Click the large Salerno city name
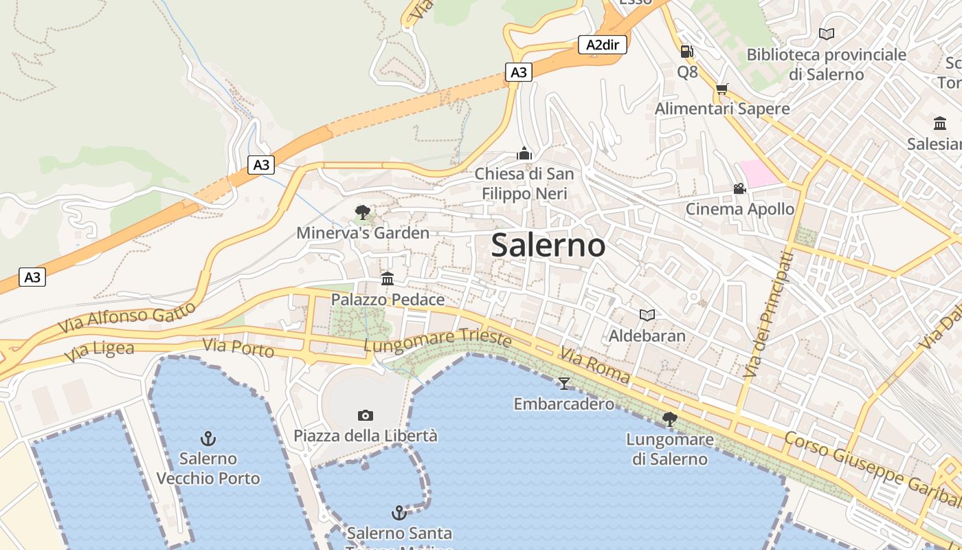click(548, 245)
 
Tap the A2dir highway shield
click(602, 45)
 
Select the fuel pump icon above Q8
click(686, 51)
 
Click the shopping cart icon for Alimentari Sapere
click(721, 89)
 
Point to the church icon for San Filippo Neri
click(524, 153)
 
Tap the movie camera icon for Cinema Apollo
click(739, 188)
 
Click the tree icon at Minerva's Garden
click(362, 212)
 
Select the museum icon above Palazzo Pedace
click(388, 278)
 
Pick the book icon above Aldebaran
click(647, 315)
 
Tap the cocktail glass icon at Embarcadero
click(564, 383)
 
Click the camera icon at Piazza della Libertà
click(366, 415)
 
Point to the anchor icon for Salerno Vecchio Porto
click(208, 438)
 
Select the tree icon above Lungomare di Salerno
click(669, 418)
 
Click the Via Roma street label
click(594, 366)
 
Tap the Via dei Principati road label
click(768, 314)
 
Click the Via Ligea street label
click(100, 351)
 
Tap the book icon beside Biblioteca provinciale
click(827, 34)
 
